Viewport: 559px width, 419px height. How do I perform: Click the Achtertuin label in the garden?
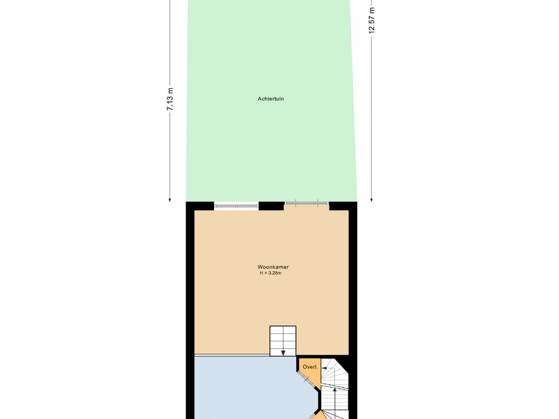[271, 99]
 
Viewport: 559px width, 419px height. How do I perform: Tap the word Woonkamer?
[273, 267]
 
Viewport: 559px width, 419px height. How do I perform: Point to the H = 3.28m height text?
[271, 273]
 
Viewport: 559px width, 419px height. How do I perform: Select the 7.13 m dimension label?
[170, 99]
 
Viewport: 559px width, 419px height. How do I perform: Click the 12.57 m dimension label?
[372, 20]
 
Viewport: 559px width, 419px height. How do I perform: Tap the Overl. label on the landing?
[310, 367]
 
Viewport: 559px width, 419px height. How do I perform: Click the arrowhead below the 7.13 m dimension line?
[170, 200]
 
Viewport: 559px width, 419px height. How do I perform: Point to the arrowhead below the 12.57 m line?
[371, 200]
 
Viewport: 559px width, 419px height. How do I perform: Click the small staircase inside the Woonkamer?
[283, 340]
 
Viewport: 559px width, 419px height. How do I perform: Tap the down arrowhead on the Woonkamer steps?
[283, 353]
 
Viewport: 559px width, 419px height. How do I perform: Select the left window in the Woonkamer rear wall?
[236, 206]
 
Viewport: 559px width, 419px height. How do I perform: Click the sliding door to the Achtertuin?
[307, 203]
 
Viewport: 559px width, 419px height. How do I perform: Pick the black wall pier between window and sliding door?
[271, 206]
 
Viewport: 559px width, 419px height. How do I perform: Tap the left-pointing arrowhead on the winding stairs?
[324, 368]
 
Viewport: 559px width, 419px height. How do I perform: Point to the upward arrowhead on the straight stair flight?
[335, 391]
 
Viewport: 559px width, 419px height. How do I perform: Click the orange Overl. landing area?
[310, 370]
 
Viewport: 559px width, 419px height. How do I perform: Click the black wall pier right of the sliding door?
[343, 206]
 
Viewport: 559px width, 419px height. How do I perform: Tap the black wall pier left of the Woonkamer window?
[200, 206]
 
